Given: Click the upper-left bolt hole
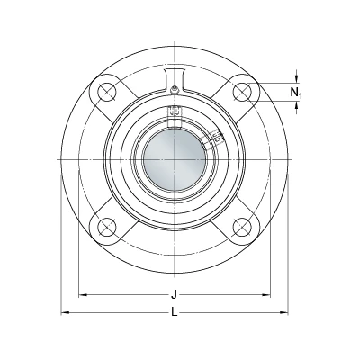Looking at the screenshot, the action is pyautogui.click(x=107, y=92).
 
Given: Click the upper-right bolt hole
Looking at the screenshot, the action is pyautogui.click(x=242, y=92).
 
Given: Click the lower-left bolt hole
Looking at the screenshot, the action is pyautogui.click(x=107, y=227).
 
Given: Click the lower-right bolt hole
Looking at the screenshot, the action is pyautogui.click(x=242, y=227).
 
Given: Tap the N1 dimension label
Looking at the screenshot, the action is pyautogui.click(x=296, y=93).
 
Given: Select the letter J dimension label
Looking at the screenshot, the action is pyautogui.click(x=174, y=295).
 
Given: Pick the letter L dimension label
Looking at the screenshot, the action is pyautogui.click(x=175, y=313).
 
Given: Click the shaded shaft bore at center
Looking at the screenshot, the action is pyautogui.click(x=175, y=159).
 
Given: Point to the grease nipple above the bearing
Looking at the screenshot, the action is pyautogui.click(x=175, y=90).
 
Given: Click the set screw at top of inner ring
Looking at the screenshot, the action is pyautogui.click(x=175, y=111).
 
